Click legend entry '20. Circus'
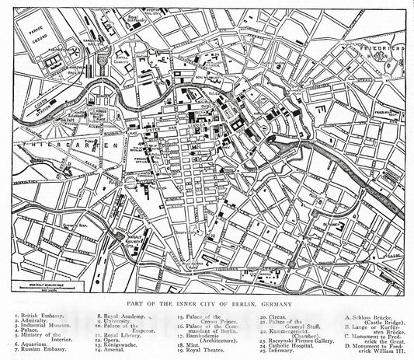(x=273, y=317)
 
